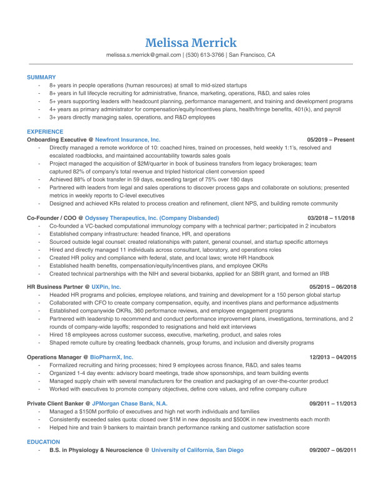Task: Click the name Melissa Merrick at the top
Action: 191,42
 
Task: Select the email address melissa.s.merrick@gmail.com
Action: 143,55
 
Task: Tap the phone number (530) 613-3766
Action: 204,55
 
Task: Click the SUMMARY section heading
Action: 41,77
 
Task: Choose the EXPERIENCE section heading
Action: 44,132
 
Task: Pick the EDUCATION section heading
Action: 43,442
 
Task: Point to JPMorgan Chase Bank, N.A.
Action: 130,404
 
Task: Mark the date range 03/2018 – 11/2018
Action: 331,217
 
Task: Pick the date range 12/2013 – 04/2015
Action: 332,357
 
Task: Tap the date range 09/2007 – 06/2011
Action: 332,450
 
